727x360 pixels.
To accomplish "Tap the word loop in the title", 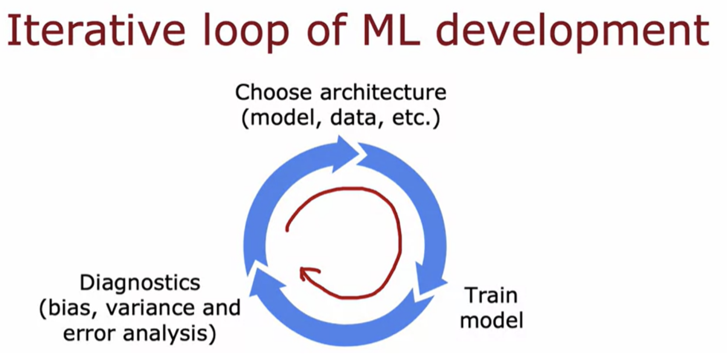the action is [x=246, y=33].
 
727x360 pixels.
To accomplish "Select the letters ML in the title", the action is [x=392, y=31].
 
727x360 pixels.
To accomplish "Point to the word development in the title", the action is [x=573, y=33].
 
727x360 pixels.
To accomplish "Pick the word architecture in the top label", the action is [x=384, y=92].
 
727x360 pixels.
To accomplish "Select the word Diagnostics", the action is [x=140, y=283].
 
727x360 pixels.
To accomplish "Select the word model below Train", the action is [x=491, y=320].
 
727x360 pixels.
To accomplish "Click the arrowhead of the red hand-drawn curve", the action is [x=307, y=273].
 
